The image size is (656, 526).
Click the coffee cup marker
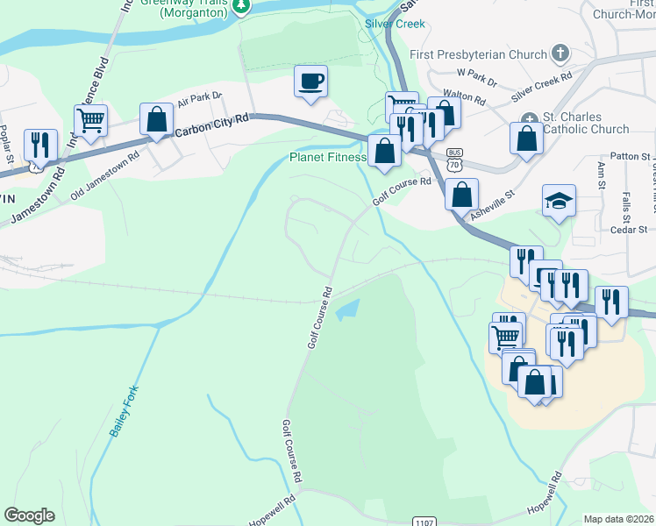[310, 82]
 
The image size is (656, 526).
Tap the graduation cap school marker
[559, 202]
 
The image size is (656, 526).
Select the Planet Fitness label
[328, 158]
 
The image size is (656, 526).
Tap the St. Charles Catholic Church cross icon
[528, 118]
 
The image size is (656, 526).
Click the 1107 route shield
[424, 522]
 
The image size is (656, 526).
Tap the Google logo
[29, 515]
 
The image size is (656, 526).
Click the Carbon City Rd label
[213, 124]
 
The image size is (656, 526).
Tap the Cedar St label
[630, 230]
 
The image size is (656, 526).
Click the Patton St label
[630, 156]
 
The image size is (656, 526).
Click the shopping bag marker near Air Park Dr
[155, 121]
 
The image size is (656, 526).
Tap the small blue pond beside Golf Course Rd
[349, 308]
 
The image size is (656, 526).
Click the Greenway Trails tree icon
[241, 5]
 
